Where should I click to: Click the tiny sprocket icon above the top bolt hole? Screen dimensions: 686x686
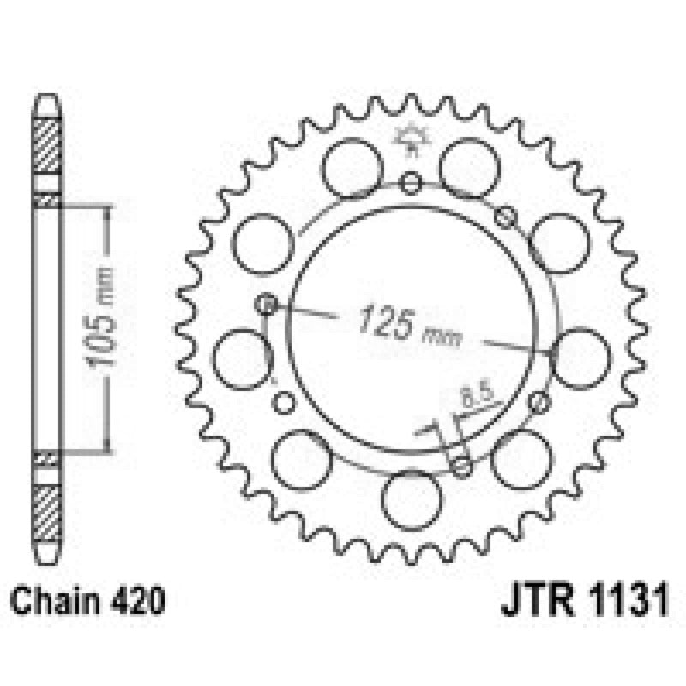pos(412,141)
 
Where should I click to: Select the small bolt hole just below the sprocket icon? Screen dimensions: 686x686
pos(412,182)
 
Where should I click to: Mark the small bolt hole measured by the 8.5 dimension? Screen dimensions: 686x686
pos(462,467)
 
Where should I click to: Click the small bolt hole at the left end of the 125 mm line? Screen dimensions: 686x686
pos(267,303)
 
